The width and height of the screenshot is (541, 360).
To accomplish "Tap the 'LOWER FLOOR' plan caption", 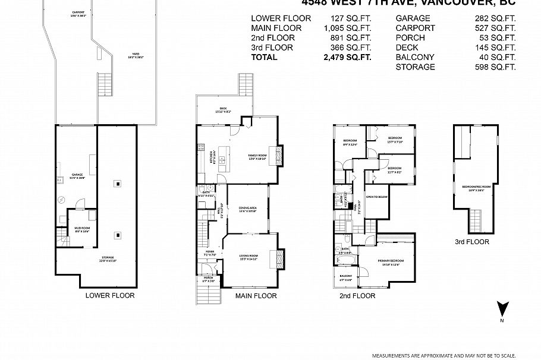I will click(x=110, y=295).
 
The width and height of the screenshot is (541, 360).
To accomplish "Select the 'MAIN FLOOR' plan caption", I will click(x=256, y=295).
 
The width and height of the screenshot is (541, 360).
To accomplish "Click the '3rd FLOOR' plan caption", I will click(x=472, y=242).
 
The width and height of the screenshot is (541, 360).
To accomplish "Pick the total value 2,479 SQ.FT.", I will click(x=347, y=58).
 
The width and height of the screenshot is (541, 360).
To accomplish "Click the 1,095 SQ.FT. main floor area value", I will click(x=347, y=28).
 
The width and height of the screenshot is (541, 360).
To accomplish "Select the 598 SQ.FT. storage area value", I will click(x=494, y=67).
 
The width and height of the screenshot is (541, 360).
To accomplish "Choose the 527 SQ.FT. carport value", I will click(x=494, y=28).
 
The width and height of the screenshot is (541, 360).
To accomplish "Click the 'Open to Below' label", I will click(x=376, y=197).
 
